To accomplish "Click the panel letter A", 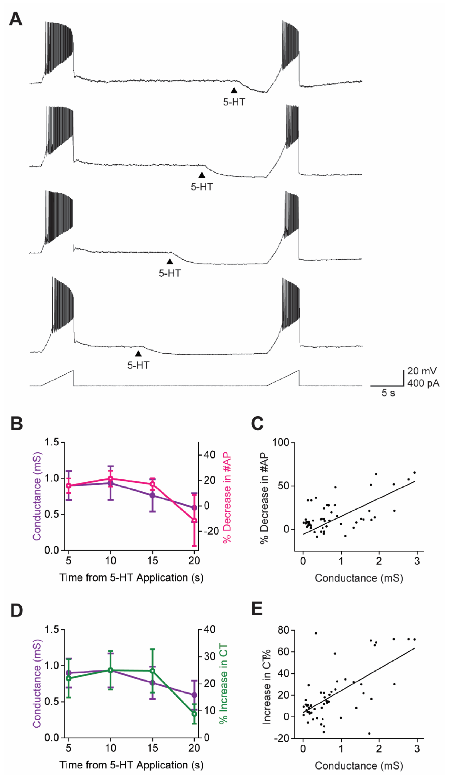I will (15, 19).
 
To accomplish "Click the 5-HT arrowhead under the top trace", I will (234, 90).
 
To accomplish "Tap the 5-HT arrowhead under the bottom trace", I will (138, 354).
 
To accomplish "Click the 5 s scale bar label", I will (388, 393).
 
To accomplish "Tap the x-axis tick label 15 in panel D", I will (152, 748).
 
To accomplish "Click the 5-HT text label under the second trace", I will (202, 187).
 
